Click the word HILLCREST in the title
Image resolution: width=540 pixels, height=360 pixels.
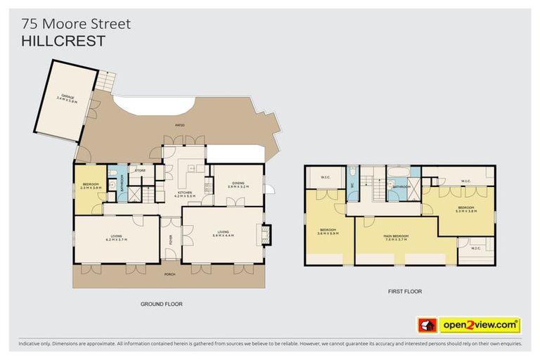click(63, 41)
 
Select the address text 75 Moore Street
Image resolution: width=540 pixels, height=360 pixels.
click(76, 24)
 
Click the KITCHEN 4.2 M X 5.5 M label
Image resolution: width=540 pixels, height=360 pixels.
click(185, 194)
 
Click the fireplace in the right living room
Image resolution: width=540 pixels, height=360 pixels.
click(264, 234)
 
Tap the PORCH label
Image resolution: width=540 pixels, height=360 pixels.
click(169, 274)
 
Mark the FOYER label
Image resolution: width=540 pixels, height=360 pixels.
click(170, 242)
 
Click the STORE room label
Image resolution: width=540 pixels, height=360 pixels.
click(140, 169)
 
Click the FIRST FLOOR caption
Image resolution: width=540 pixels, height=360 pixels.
click(405, 290)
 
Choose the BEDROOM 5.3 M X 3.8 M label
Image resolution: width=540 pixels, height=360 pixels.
click(465, 209)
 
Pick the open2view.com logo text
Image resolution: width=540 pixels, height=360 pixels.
click(480, 325)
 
